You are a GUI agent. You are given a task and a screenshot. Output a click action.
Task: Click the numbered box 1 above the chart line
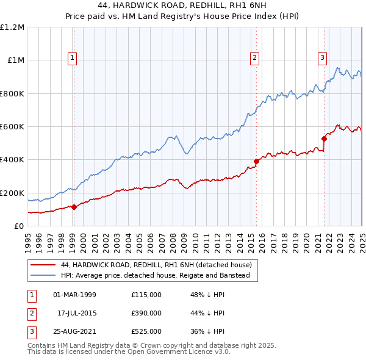click(x=73, y=58)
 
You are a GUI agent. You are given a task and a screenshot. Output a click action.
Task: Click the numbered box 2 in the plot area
click(x=254, y=58)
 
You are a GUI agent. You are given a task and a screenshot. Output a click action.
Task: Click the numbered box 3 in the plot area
click(x=322, y=58)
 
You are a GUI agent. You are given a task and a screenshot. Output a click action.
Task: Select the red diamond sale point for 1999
click(x=74, y=207)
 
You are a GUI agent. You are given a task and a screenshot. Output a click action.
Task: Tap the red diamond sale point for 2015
click(x=256, y=161)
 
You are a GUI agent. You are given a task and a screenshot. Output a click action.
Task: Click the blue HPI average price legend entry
click(x=159, y=275)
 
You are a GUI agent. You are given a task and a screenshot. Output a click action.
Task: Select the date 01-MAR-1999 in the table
click(x=74, y=294)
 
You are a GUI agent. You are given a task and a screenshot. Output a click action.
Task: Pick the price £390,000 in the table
click(x=146, y=313)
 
